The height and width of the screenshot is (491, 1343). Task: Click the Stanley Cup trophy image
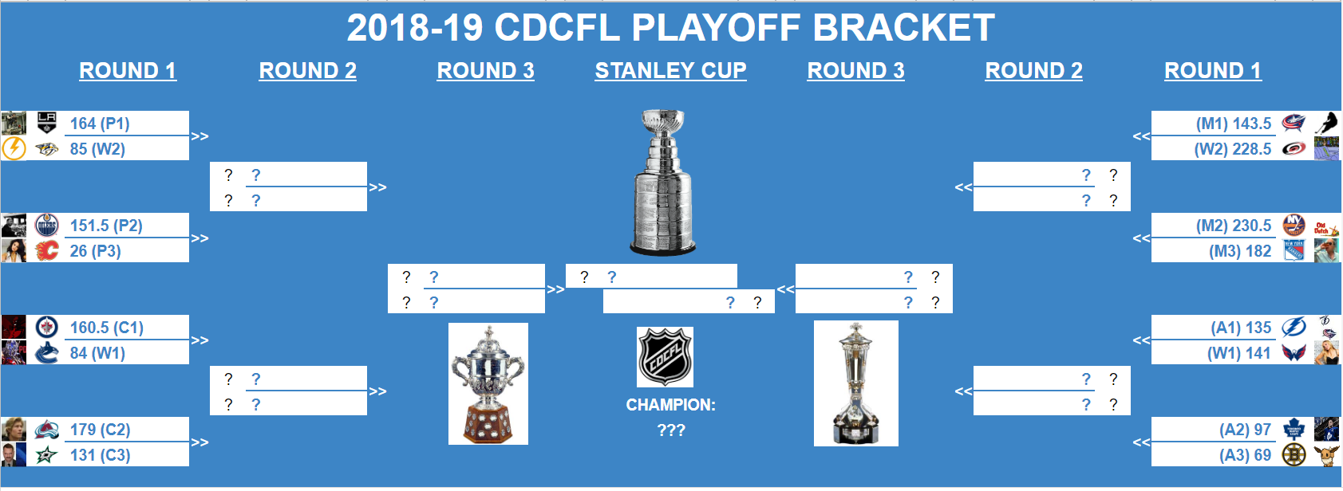click(x=663, y=183)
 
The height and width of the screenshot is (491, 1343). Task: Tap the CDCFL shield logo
click(x=665, y=357)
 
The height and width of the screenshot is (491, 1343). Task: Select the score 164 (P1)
click(x=100, y=124)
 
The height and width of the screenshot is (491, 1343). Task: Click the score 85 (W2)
click(x=97, y=148)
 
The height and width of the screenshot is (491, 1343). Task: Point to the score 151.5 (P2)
click(x=106, y=226)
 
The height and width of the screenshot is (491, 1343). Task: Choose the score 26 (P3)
click(x=95, y=251)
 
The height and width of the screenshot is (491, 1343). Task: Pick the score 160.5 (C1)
click(x=107, y=328)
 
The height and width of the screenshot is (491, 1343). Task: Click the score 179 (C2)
click(x=100, y=430)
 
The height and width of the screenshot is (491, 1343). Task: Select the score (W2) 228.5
click(x=1233, y=148)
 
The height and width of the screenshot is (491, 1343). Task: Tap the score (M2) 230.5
click(x=1234, y=226)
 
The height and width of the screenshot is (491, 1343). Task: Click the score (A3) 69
click(x=1246, y=455)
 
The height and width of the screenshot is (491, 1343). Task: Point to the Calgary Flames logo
click(x=47, y=250)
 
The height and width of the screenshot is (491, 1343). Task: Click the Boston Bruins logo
click(x=1294, y=455)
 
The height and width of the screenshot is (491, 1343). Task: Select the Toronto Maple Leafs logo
click(x=1294, y=430)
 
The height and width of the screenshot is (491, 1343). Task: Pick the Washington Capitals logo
click(x=1294, y=352)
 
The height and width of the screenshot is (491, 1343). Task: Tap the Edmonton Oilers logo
click(x=47, y=225)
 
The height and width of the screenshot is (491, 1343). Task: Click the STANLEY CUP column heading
click(x=670, y=71)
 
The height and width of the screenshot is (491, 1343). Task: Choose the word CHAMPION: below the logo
click(x=671, y=405)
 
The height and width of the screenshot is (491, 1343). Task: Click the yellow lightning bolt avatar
click(x=14, y=148)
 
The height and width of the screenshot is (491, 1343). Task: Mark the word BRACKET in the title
click(x=903, y=28)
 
